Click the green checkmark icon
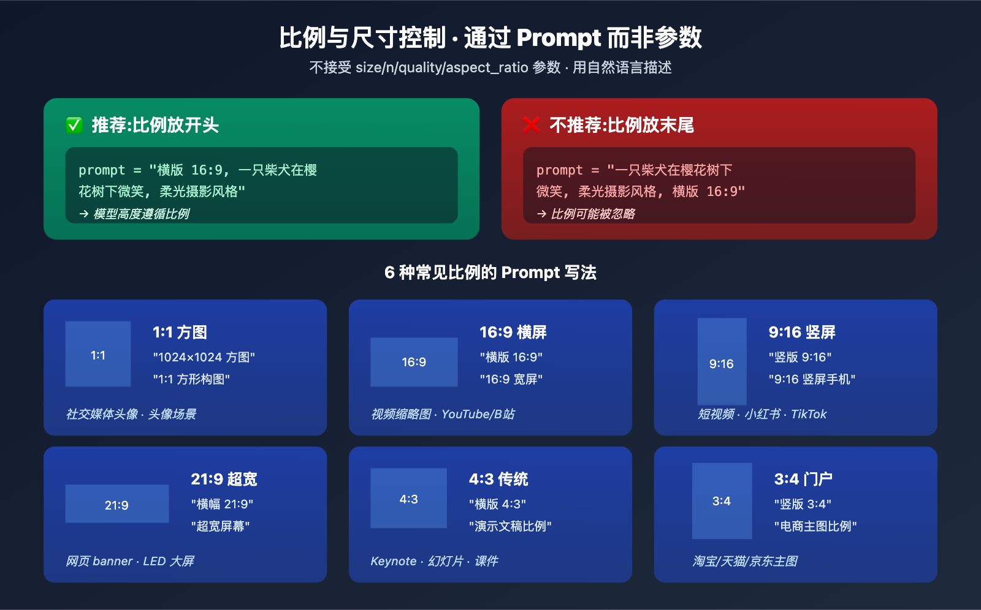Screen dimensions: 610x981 pos(74,126)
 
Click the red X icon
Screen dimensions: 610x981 pos(532,126)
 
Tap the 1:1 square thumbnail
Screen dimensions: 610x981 pos(98,354)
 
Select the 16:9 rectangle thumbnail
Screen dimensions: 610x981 pos(414,362)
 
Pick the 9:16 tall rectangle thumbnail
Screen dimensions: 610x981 pos(722,361)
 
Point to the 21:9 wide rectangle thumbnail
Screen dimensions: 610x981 pos(116,504)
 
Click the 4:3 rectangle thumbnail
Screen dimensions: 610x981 pos(408,499)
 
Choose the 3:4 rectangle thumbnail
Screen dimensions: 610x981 pos(722,501)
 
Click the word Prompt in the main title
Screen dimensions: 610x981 pos(559,38)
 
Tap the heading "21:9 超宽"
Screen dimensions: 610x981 pos(224,479)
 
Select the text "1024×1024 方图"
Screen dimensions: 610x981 pos(204,357)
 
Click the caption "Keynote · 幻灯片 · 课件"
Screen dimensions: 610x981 pos(434,561)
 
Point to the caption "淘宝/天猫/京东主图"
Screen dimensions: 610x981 pos(745,561)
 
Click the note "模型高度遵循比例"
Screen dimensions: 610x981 pos(141,214)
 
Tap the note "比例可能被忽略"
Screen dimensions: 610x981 pos(592,214)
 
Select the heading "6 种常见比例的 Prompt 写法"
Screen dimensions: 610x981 pos(490,273)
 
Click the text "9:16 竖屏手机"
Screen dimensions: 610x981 pos(812,379)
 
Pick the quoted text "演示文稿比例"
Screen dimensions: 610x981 pos(510,526)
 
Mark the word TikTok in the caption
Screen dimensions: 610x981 pos(809,414)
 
